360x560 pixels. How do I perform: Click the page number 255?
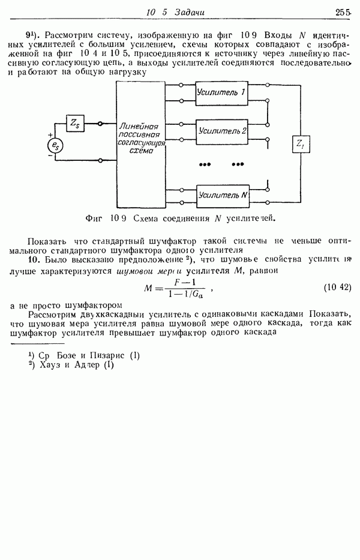(343, 11)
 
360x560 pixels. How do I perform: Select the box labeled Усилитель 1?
(221, 92)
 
